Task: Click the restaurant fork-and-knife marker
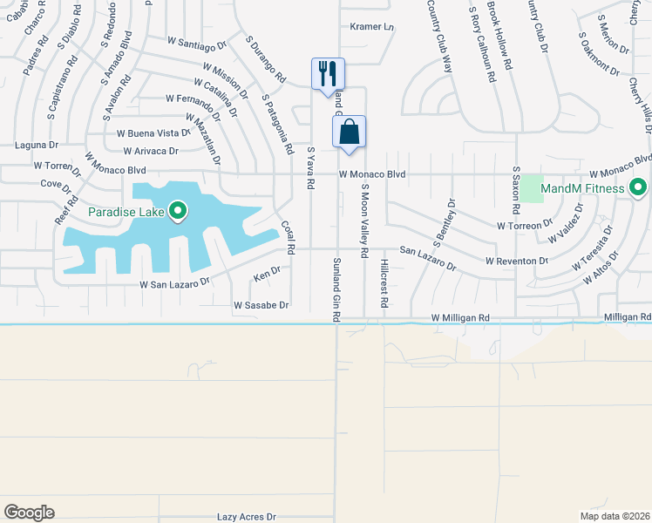329,72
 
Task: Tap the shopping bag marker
349,132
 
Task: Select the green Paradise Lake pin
179,211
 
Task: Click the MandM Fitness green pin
638,188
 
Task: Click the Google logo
29,513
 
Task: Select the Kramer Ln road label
372,27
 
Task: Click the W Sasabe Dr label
261,306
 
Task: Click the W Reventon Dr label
516,261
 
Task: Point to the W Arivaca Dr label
147,151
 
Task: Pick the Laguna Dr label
37,145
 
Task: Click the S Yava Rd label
309,167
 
